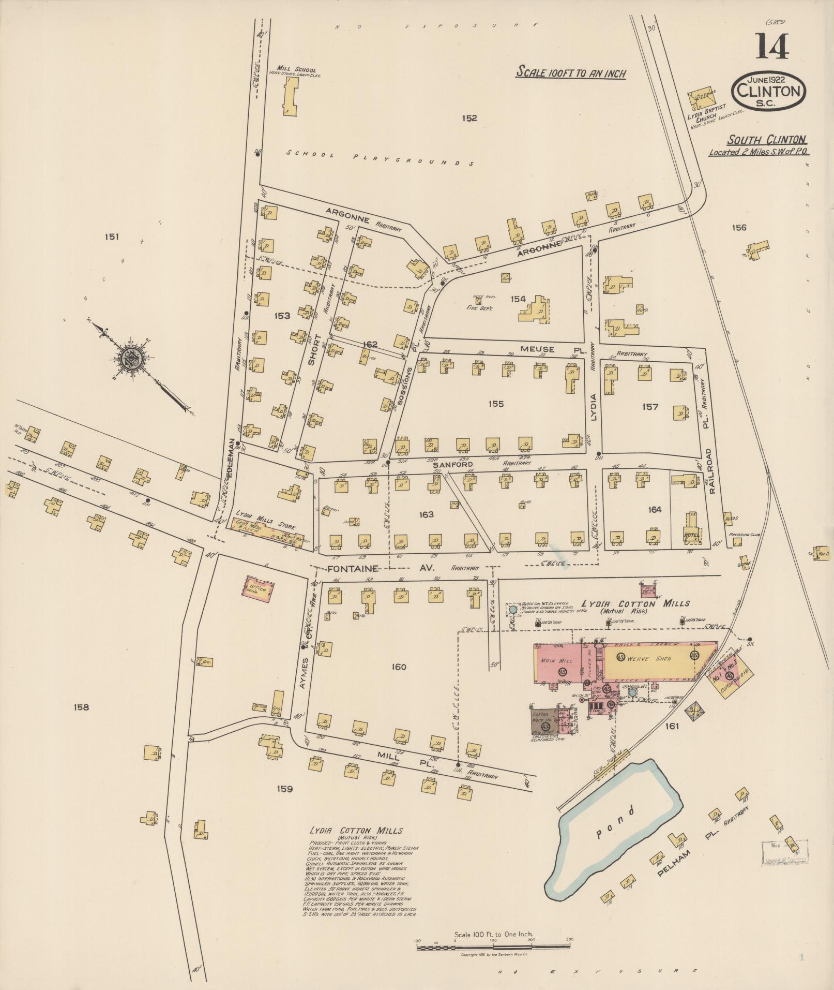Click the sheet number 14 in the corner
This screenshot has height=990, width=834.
click(774, 47)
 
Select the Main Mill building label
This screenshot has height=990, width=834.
click(551, 661)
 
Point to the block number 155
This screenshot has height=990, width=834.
click(495, 404)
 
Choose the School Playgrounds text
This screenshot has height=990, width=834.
click(380, 158)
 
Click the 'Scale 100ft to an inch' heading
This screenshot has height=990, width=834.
click(571, 73)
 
